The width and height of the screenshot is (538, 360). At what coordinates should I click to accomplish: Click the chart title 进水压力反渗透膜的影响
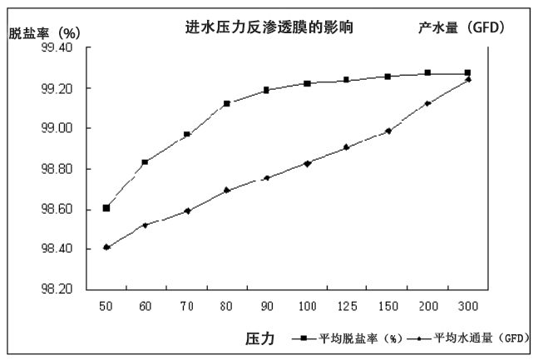click(x=269, y=27)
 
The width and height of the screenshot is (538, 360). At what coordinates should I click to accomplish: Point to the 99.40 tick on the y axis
click(x=57, y=48)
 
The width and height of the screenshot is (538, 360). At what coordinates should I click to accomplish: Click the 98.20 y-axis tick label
click(x=57, y=290)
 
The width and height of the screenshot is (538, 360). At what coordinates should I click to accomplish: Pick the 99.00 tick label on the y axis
click(x=57, y=129)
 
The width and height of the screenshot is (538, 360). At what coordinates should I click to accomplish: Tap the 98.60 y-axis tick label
click(x=57, y=210)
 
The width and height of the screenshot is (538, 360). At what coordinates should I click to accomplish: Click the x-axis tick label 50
click(x=106, y=307)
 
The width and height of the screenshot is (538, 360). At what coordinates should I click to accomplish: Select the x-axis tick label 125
click(x=347, y=307)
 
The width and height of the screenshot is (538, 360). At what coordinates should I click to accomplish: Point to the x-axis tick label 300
click(x=467, y=307)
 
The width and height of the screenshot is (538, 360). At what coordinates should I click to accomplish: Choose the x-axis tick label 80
click(x=226, y=307)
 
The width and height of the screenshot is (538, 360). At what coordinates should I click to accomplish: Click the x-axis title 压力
click(x=257, y=338)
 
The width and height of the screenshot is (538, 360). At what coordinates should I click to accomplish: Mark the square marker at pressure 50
click(x=106, y=208)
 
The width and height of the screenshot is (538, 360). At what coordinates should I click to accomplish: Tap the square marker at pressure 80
click(x=227, y=104)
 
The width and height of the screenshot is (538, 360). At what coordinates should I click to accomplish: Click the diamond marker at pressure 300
click(x=468, y=80)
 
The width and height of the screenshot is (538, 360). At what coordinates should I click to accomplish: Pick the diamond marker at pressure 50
click(x=106, y=247)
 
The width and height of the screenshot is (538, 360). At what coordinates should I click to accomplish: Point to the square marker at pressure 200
click(x=427, y=73)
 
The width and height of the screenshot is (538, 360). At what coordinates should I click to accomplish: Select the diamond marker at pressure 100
click(x=308, y=164)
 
